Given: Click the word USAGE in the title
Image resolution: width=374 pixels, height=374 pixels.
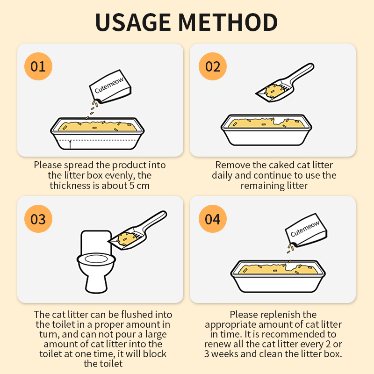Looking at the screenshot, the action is tap(133, 22).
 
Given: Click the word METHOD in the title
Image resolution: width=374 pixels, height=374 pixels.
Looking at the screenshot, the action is tap(228, 22).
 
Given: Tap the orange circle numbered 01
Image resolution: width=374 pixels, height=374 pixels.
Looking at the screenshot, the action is tap(38, 66).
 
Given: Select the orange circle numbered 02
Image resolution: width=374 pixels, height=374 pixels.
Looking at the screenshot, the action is tap(213, 66).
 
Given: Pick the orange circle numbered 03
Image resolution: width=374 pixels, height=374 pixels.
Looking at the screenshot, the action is tap(38, 219).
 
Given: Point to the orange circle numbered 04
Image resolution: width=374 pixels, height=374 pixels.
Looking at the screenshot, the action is tap(213, 219).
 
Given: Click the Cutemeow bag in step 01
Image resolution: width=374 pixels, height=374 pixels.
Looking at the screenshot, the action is tap(110, 86).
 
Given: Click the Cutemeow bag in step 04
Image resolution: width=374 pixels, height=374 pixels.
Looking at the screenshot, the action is tap(306, 230).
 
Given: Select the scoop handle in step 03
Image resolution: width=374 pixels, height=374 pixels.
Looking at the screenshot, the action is tap(154, 221).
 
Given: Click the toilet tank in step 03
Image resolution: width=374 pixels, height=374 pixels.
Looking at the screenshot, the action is tap(96, 242).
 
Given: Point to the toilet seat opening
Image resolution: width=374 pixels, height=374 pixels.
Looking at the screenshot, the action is tap(97, 259).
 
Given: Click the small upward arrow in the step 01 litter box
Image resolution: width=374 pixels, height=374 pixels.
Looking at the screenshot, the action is tap(70, 145).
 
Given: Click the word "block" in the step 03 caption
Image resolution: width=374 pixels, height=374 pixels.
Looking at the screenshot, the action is tap(155, 354).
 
